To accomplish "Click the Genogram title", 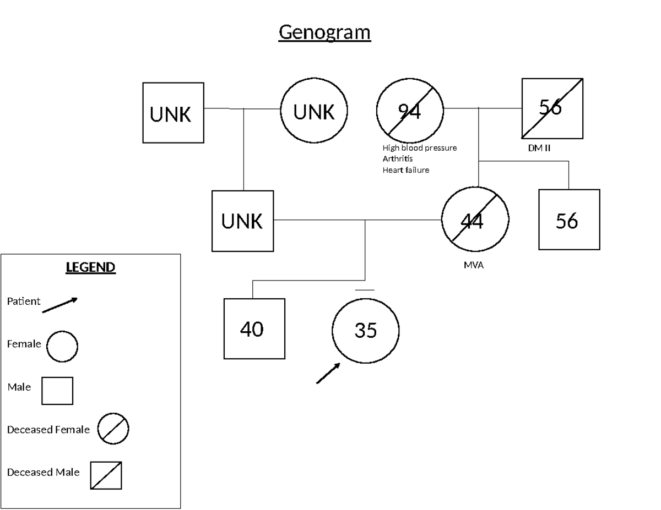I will coord(324,32).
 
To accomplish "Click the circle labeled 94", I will coord(410,111).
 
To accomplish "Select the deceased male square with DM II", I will coord(552,108).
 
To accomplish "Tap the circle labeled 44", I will coord(475,220).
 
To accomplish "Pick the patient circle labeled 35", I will coord(365,330).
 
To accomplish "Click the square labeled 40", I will coord(254,328).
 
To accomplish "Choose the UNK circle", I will coord(314,111).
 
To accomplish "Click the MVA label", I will coord(474,265).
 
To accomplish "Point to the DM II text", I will coord(539,148).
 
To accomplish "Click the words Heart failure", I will coord(405,170).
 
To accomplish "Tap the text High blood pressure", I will coord(419,148).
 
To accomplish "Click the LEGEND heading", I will coord(90,267).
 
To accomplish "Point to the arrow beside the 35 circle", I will coord(328,373).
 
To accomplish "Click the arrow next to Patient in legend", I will coord(60,305).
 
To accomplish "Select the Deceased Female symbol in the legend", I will coord(113,429).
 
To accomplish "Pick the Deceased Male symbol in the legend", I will coord(106,475).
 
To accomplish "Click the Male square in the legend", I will coord(57,390).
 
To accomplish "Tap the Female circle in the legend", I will coord(62,347).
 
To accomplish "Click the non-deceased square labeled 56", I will coord(569,220).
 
